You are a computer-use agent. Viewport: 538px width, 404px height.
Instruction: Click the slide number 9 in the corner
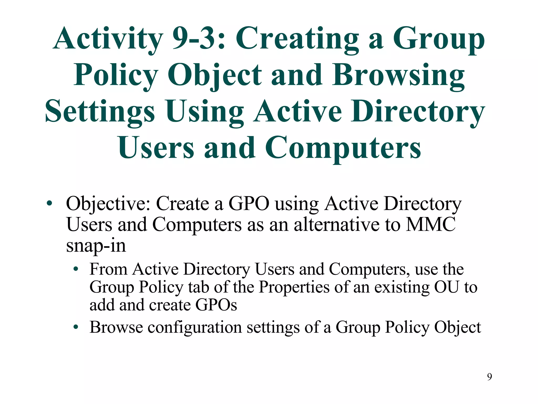(489, 377)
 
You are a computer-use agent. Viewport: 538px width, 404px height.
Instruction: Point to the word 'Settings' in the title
(100, 112)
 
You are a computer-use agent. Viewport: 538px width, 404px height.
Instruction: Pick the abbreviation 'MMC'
(431, 224)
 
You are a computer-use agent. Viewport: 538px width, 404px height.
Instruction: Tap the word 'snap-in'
(96, 246)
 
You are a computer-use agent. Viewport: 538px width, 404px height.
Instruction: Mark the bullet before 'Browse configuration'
(76, 327)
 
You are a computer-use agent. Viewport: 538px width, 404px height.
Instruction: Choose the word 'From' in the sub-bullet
(108, 269)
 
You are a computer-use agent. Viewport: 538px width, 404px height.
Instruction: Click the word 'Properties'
(294, 287)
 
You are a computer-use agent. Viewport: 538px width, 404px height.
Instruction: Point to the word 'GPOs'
(216, 305)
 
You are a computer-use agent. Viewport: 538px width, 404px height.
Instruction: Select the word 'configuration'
(195, 327)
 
